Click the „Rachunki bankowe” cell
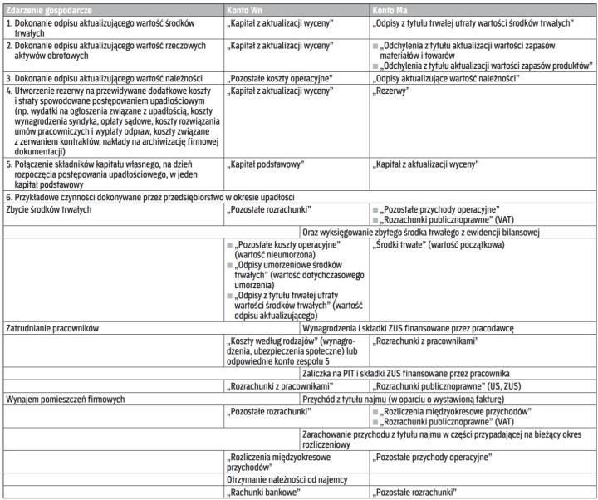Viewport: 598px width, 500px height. pyautogui.click(x=263, y=493)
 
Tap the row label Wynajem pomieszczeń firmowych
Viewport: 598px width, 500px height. pyautogui.click(x=65, y=399)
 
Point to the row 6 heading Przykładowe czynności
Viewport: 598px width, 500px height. pyautogui.click(x=149, y=196)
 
